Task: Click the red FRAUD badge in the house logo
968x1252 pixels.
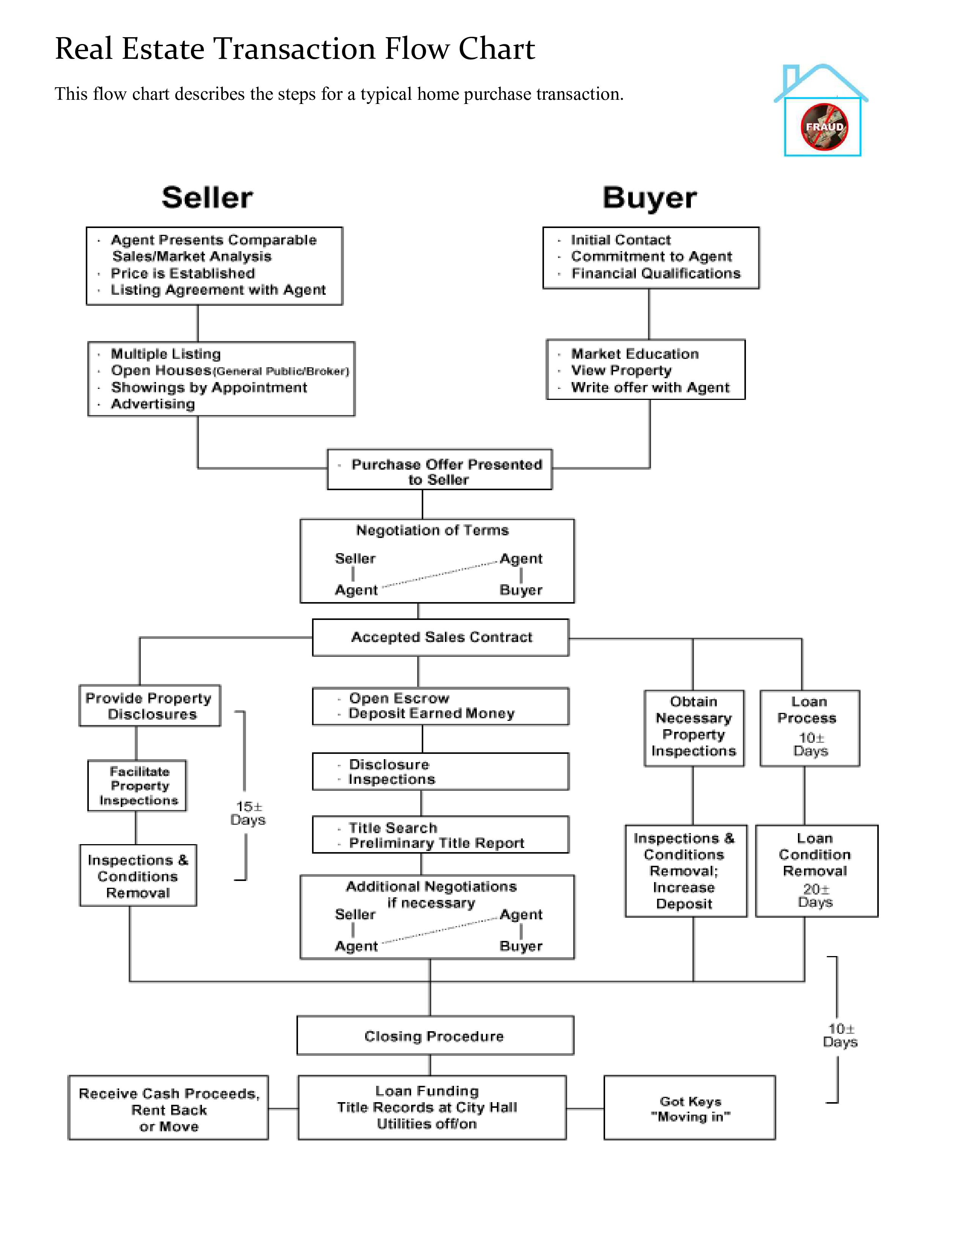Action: click(x=824, y=127)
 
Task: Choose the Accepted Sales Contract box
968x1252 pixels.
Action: click(x=440, y=637)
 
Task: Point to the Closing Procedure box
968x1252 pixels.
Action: click(x=435, y=1035)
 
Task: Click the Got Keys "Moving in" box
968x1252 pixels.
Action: click(x=690, y=1107)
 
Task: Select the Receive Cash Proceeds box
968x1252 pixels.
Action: click(x=169, y=1107)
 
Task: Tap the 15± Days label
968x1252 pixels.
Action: click(x=248, y=813)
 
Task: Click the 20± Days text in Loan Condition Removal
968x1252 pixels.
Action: click(x=815, y=895)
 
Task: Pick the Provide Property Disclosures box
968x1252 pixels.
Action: click(x=150, y=706)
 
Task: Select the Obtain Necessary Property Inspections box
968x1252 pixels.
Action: click(x=694, y=728)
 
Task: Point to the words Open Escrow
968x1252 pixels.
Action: click(x=399, y=698)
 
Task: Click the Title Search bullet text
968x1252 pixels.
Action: click(x=393, y=828)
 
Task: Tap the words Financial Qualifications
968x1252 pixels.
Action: click(x=656, y=274)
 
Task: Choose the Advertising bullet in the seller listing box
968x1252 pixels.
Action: click(x=153, y=404)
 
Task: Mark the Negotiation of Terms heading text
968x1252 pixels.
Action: click(x=432, y=530)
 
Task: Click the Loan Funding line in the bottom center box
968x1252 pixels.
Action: click(x=427, y=1091)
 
